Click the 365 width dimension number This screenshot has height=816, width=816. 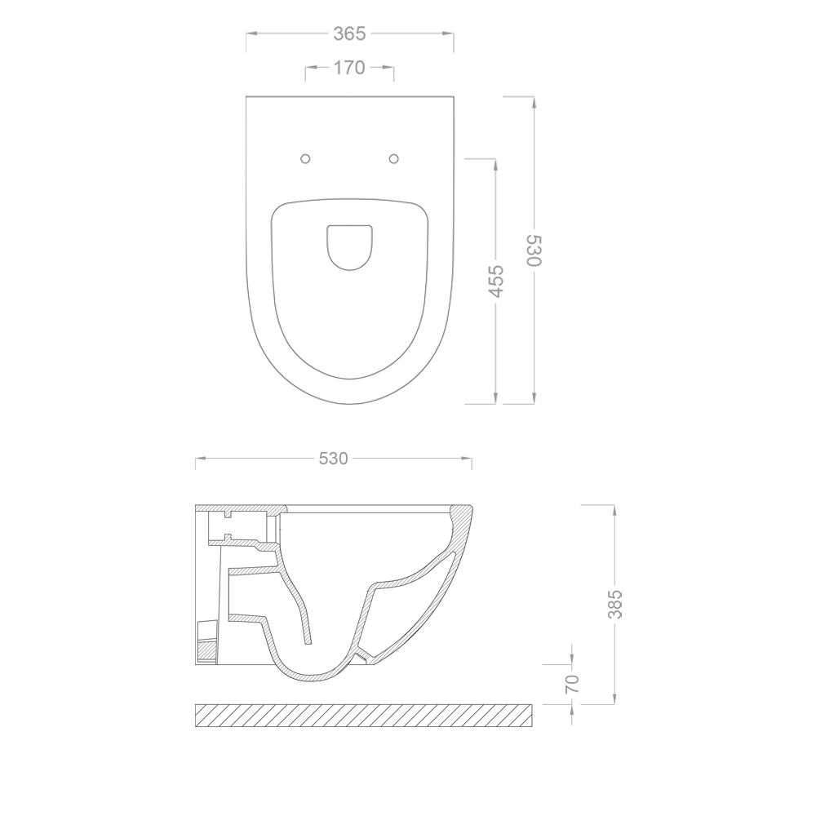pyautogui.click(x=349, y=33)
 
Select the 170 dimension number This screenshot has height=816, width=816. pyautogui.click(x=349, y=69)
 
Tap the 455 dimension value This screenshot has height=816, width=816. pyautogui.click(x=496, y=280)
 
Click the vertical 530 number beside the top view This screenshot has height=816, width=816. pyautogui.click(x=533, y=251)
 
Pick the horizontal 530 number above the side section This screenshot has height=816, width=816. pyautogui.click(x=333, y=459)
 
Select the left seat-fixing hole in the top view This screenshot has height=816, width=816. pyautogui.click(x=306, y=158)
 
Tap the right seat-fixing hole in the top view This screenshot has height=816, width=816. pyautogui.click(x=393, y=158)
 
